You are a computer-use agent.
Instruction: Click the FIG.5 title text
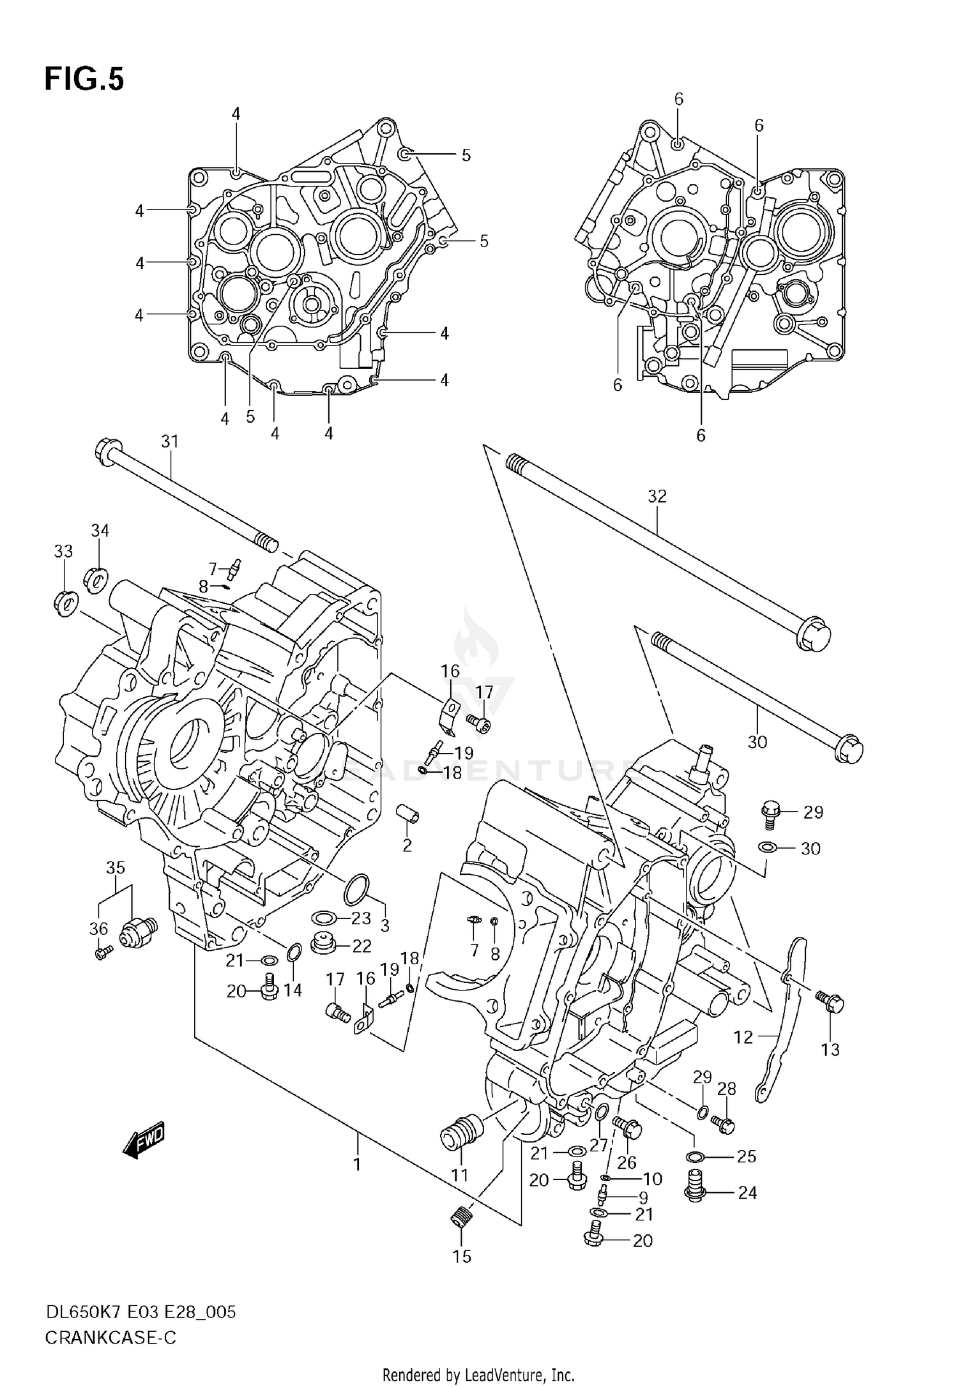[x=84, y=80]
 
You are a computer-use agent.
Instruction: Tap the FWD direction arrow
[x=144, y=1139]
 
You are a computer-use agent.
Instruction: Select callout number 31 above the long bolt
[x=170, y=441]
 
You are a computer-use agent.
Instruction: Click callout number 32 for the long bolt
[x=657, y=496]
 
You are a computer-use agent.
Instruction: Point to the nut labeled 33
[x=65, y=603]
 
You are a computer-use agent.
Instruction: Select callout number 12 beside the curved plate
[x=743, y=1037]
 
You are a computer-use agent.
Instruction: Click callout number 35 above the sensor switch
[x=116, y=868]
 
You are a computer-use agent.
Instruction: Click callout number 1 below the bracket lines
[x=357, y=1164]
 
